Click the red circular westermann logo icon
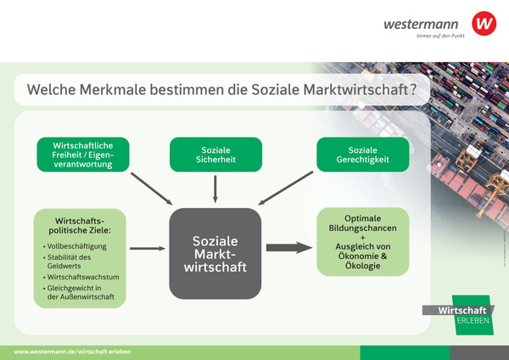pyautogui.click(x=484, y=23)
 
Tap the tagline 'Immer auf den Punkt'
pyautogui.click(x=433, y=36)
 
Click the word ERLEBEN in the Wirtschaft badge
pyautogui.click(x=473, y=321)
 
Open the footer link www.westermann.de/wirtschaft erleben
pyautogui.click(x=73, y=352)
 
